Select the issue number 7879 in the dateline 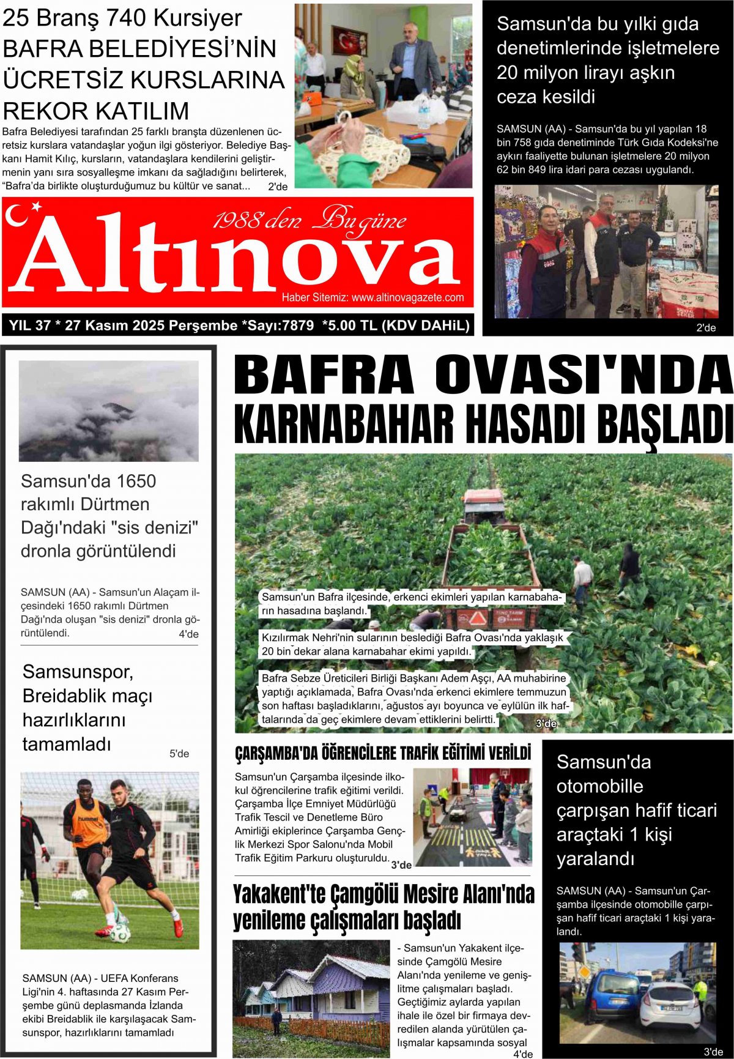[297, 325]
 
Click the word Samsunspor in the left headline [78, 672]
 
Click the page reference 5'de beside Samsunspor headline [179, 754]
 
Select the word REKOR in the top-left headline [43, 111]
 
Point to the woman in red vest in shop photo [542, 263]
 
